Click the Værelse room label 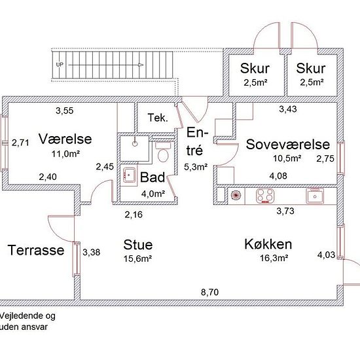coord(65,139)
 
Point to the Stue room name coord(138,245)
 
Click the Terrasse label coord(36,250)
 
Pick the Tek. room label coord(158,118)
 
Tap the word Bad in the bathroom coord(153,177)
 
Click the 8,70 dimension coord(209,293)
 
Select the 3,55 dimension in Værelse coord(64,110)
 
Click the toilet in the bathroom coord(162,152)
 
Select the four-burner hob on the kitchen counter coord(265,194)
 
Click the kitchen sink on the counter coord(317,194)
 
